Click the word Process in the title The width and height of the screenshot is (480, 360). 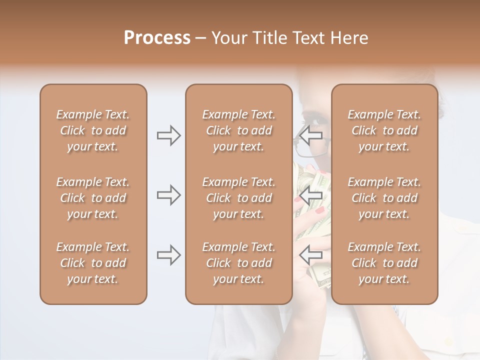point(157,38)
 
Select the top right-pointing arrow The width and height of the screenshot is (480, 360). point(168,135)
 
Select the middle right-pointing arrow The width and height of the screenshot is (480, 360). point(168,195)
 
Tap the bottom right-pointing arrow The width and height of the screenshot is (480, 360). point(168,255)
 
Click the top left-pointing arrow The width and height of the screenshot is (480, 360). point(310,135)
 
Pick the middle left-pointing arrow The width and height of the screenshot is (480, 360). point(310,195)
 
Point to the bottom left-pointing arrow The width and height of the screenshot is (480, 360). point(310,255)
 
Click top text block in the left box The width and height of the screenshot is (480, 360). point(93,130)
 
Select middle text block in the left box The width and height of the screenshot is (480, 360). point(93,198)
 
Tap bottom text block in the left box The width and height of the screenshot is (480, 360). point(93,263)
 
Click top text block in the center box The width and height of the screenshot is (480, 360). point(238,130)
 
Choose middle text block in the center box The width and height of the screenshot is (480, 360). point(238,198)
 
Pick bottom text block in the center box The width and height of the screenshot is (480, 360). point(238,263)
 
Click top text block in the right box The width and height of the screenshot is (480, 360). point(384,130)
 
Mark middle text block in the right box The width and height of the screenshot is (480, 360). point(384,198)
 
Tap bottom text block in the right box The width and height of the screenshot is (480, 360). point(384,263)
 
